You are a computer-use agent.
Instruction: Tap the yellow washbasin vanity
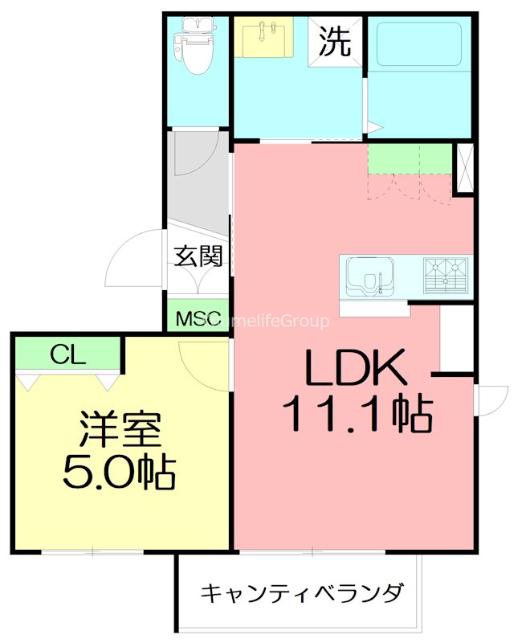tap(265, 39)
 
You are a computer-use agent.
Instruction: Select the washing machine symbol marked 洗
tap(336, 43)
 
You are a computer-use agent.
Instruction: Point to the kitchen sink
tap(368, 275)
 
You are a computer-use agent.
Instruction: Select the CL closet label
tap(67, 354)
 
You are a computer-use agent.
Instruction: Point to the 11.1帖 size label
tap(357, 415)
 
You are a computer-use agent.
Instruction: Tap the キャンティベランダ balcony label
tap(301, 594)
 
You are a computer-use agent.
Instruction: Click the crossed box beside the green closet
tap(464, 168)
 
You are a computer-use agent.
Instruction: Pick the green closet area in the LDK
tap(410, 158)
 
